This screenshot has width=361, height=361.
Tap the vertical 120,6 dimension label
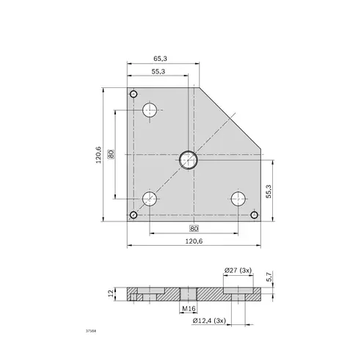98,155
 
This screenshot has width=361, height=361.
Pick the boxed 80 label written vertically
110,154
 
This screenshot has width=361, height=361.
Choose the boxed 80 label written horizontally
194,227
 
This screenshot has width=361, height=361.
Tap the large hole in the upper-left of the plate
150,111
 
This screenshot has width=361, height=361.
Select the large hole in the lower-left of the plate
150,198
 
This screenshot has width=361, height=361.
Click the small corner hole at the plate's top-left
133,94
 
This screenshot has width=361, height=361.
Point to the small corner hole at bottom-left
133,215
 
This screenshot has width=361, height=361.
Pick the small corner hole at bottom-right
254,215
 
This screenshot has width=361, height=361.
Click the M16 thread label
187,310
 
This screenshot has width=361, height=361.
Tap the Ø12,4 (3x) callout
209,321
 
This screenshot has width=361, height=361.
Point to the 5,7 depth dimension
269,277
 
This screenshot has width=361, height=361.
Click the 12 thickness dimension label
111,293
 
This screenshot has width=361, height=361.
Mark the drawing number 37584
91,332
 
